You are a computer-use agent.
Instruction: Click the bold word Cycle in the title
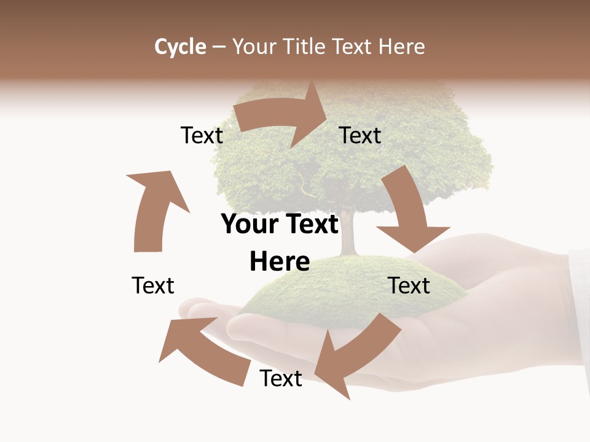180,47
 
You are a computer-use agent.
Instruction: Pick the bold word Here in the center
280,262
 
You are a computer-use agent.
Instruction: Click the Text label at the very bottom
281,379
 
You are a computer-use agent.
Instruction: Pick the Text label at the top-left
202,136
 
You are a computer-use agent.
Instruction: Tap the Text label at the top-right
360,136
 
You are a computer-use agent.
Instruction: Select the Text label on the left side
153,285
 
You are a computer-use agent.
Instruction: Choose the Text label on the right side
409,285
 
